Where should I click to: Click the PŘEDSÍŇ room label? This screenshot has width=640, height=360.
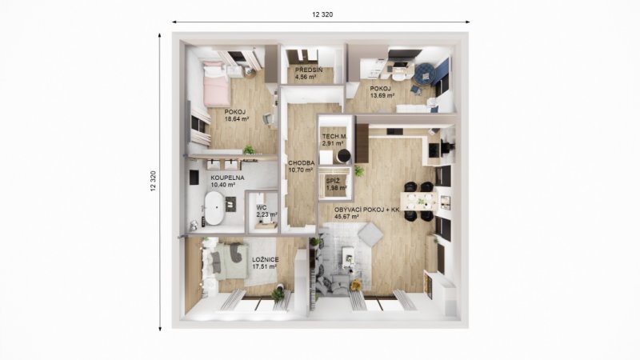pyautogui.click(x=309, y=70)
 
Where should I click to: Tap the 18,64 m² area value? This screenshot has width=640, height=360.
pyautogui.click(x=237, y=119)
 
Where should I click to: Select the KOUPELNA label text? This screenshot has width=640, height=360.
pyautogui.click(x=227, y=178)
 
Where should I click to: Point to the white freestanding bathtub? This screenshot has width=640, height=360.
pyautogui.click(x=214, y=208)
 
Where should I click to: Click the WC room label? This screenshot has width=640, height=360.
pyautogui.click(x=262, y=207)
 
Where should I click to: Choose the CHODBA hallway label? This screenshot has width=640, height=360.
pyautogui.click(x=302, y=163)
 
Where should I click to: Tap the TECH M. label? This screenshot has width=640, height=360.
pyautogui.click(x=334, y=136)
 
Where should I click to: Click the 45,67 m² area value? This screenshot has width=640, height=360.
pyautogui.click(x=346, y=217)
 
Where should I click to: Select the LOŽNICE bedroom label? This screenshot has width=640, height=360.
pyautogui.click(x=266, y=259)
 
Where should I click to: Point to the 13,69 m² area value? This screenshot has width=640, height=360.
pyautogui.click(x=382, y=95)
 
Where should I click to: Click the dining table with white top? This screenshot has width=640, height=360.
pyautogui.click(x=418, y=201)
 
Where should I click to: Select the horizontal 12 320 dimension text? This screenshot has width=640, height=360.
pyautogui.click(x=322, y=14)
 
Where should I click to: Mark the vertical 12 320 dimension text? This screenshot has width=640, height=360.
pyautogui.click(x=154, y=182)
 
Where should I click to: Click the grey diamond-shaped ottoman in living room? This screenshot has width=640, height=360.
pyautogui.click(x=370, y=234)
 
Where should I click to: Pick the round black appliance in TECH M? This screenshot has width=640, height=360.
pyautogui.click(x=343, y=156)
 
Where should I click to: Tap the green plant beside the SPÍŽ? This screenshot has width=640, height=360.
pyautogui.click(x=358, y=170)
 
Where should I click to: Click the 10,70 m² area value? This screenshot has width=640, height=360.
pyautogui.click(x=301, y=170)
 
